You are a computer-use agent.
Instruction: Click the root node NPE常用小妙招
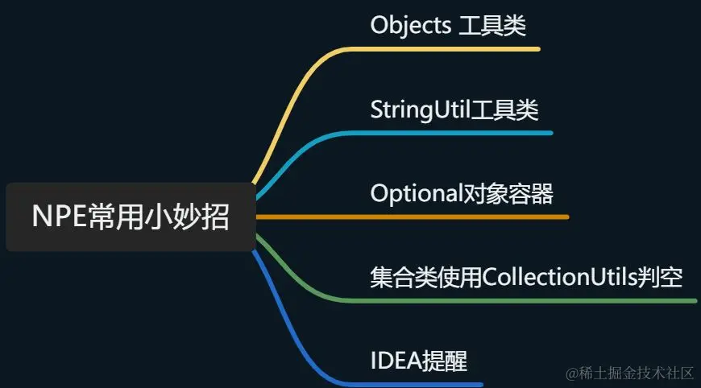(131, 217)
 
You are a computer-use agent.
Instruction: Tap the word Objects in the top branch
(410, 26)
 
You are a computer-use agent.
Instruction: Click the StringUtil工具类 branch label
(454, 109)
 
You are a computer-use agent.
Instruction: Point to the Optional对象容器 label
(462, 194)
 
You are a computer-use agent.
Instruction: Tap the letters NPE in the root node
(56, 217)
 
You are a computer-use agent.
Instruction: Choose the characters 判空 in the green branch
(664, 278)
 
